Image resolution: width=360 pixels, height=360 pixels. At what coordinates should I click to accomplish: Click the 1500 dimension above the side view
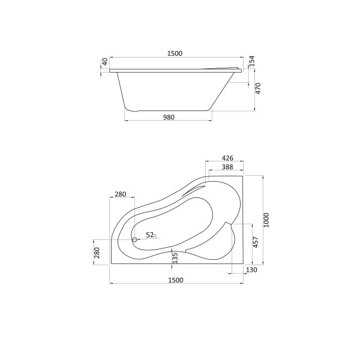pos(174,53)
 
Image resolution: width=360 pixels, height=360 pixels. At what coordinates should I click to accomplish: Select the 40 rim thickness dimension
pos(105,62)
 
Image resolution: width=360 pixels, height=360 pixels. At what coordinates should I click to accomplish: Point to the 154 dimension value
pos(252,61)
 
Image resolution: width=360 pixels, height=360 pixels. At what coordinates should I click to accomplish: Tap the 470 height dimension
pos(259,89)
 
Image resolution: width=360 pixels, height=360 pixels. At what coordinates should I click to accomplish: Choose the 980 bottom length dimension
pos(169,118)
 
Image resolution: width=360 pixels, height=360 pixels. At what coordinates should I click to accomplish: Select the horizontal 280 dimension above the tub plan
pos(120,194)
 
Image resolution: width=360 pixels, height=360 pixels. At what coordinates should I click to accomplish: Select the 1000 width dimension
pos(266,220)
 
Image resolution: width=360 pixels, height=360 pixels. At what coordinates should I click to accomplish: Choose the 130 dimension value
pos(251,271)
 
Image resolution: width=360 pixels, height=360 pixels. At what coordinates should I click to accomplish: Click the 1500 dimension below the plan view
pos(175,280)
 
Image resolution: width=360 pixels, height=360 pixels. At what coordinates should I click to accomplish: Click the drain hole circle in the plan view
pos(134,239)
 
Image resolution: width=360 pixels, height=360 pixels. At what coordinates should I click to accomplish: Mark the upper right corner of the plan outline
pos(243,175)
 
